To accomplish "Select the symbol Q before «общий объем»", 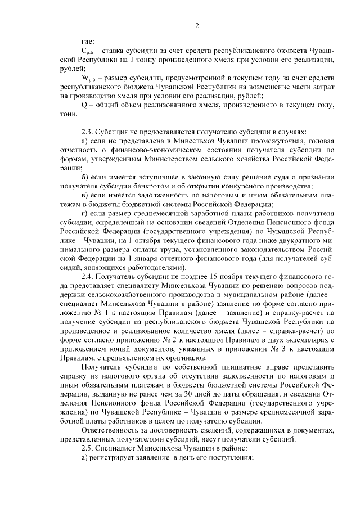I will click(84, 105).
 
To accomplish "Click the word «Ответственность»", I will click(112, 430).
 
